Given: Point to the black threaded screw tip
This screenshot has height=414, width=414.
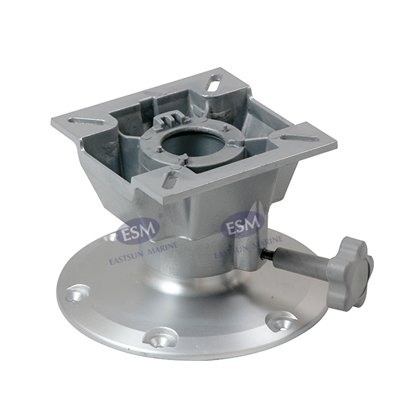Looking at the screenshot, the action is click(x=267, y=254).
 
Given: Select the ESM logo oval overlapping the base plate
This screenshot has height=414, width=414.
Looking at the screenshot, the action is click(x=138, y=227).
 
